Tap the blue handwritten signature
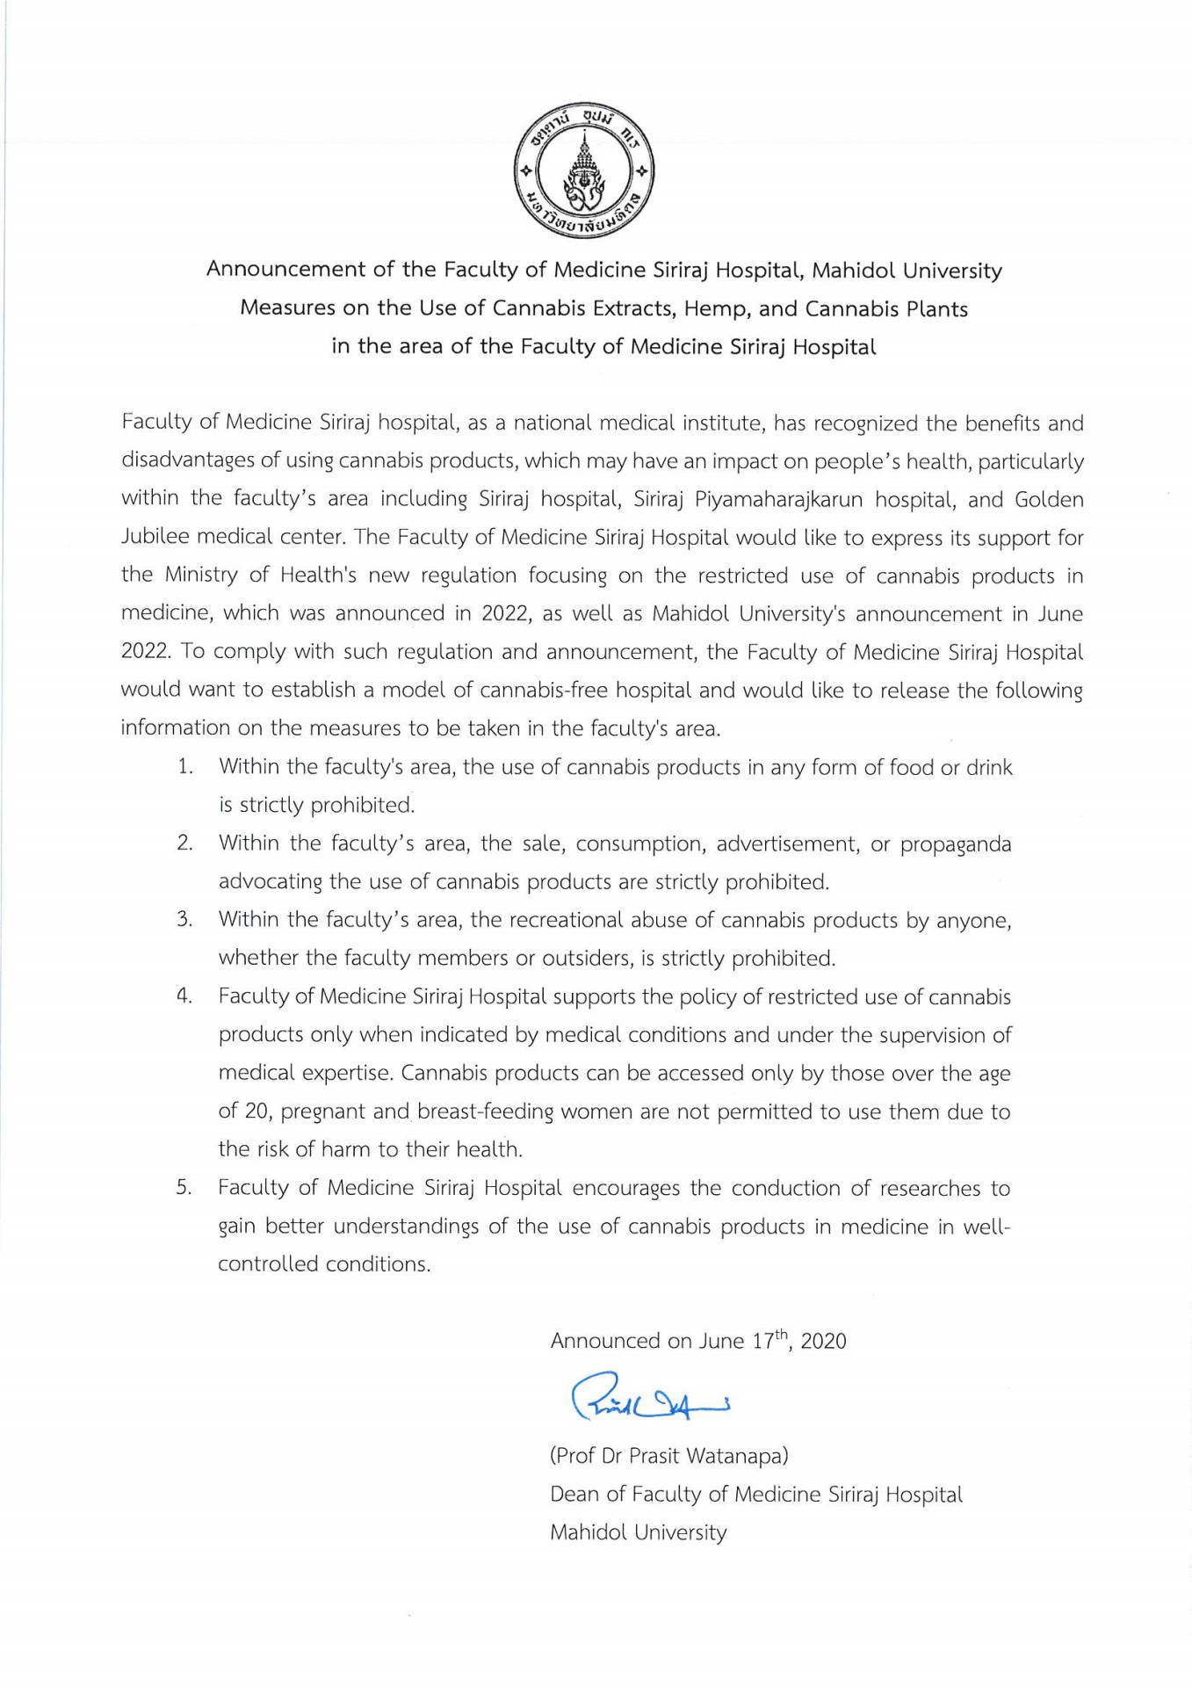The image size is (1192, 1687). tap(650, 1397)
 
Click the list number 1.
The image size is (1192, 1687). tap(184, 767)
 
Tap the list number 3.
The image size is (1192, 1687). tap(184, 920)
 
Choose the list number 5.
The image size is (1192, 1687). tap(184, 1189)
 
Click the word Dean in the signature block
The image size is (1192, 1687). tap(576, 1495)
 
